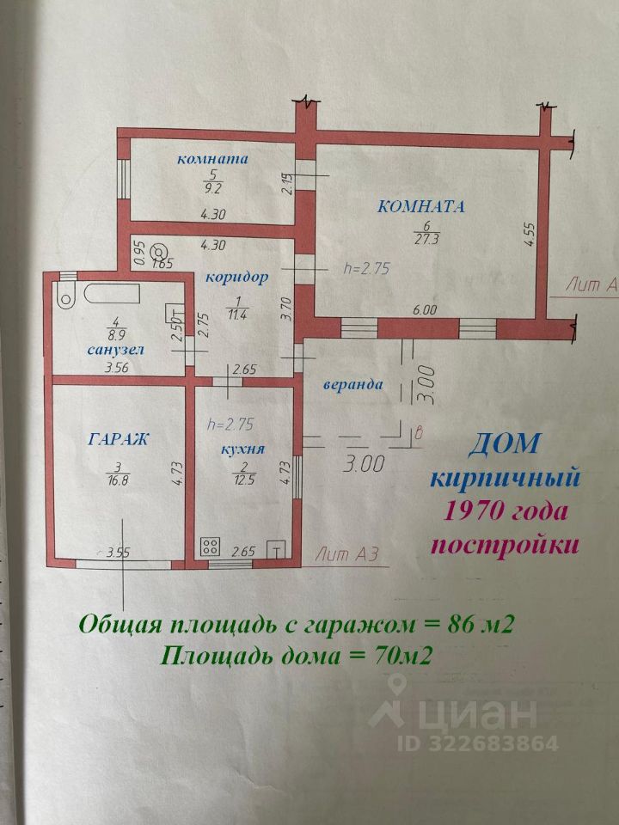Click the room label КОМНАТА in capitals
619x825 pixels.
pyautogui.click(x=421, y=206)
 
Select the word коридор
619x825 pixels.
pyautogui.click(x=236, y=278)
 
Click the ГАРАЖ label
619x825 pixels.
pyautogui.click(x=119, y=439)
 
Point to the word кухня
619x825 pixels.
pyautogui.click(x=241, y=449)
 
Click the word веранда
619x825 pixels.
pyautogui.click(x=353, y=384)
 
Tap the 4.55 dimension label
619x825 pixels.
pyautogui.click(x=530, y=235)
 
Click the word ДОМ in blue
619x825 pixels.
pyautogui.click(x=506, y=443)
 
